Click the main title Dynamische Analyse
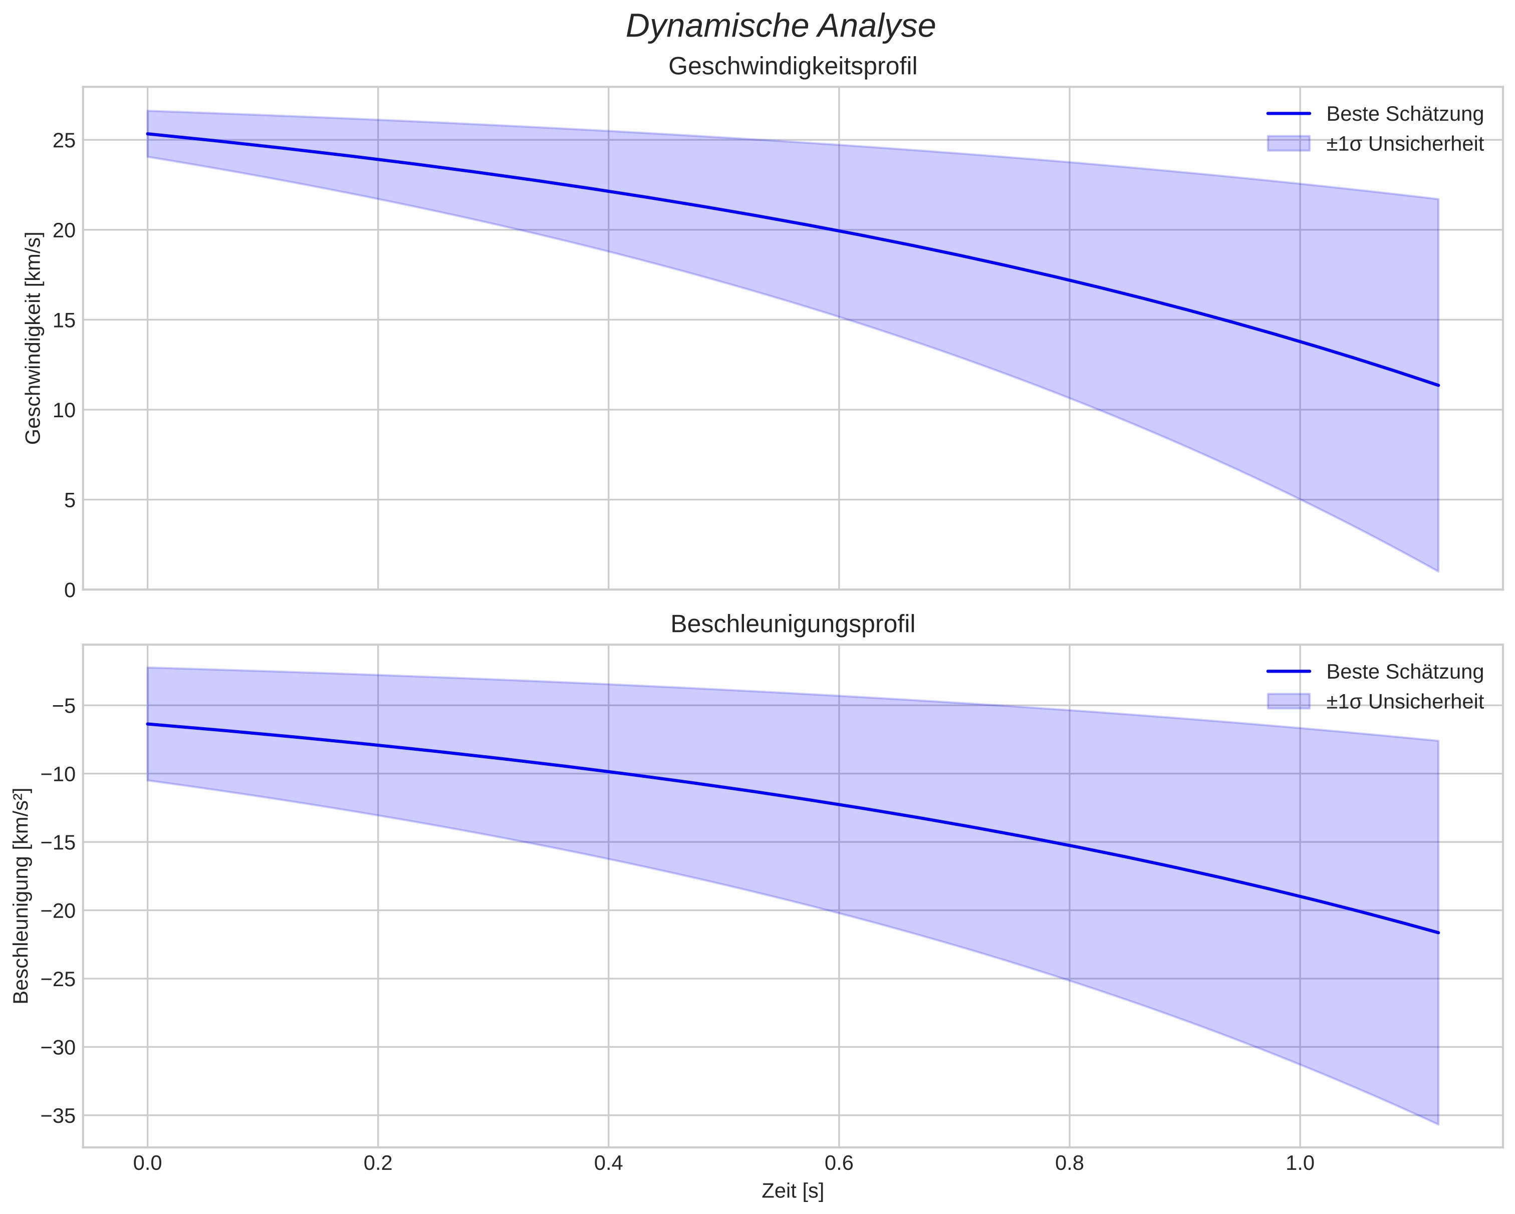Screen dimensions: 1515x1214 pyautogui.click(x=781, y=26)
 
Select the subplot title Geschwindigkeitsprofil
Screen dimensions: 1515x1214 pyautogui.click(x=793, y=67)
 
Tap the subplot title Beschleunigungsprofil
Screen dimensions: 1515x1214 pyautogui.click(x=793, y=624)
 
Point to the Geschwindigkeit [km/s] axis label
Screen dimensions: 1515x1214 pyautogui.click(x=33, y=338)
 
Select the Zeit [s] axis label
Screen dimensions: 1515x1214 pyautogui.click(x=793, y=1191)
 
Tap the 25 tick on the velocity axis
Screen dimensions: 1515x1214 pyautogui.click(x=64, y=141)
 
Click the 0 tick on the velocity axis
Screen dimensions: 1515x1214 pyautogui.click(x=70, y=590)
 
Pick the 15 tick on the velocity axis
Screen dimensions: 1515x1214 pyautogui.click(x=64, y=321)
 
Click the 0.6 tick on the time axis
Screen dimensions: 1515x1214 pyautogui.click(x=839, y=1163)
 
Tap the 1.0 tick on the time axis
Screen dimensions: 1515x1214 pyautogui.click(x=1300, y=1163)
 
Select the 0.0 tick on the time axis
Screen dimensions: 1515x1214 pyautogui.click(x=148, y=1163)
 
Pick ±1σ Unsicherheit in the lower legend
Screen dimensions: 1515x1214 pyautogui.click(x=1405, y=701)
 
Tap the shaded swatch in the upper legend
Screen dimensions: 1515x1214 pyautogui.click(x=1289, y=143)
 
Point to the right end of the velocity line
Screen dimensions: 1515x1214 pyautogui.click(x=1438, y=385)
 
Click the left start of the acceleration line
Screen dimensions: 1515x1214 pyautogui.click(x=148, y=724)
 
